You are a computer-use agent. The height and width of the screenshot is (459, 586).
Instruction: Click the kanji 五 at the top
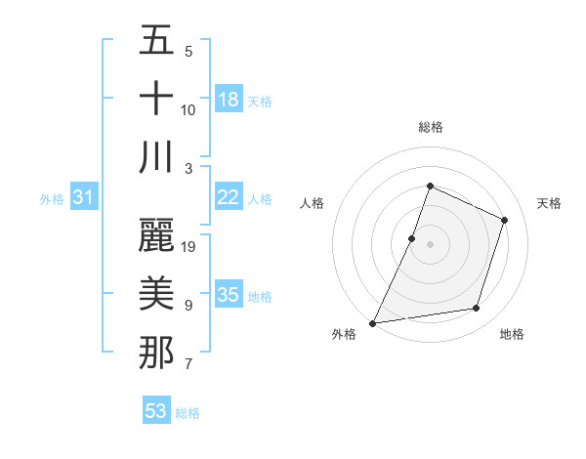point(156,42)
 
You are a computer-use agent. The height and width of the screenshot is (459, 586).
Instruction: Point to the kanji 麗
point(156,234)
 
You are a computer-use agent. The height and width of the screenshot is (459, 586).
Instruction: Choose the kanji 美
point(156,293)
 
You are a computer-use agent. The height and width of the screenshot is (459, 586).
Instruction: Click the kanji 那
point(156,352)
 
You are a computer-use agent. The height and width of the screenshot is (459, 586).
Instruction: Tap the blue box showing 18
point(229,100)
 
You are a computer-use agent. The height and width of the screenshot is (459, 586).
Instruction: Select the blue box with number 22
point(229,197)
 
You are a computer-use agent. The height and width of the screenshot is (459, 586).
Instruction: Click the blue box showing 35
point(229,295)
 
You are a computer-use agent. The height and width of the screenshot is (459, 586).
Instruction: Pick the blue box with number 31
point(84,197)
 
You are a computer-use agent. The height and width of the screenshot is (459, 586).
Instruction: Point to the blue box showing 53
point(156,411)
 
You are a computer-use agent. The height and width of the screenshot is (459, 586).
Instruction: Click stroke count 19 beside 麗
point(189,246)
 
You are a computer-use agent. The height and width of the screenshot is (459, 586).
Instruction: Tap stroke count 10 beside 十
point(188,109)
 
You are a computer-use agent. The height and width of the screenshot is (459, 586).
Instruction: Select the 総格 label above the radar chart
point(430,127)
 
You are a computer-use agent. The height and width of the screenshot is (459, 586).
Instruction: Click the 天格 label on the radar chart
point(549,203)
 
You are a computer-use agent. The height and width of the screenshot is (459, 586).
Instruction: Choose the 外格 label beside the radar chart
point(344,334)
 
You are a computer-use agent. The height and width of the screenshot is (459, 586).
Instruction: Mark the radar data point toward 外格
point(372,322)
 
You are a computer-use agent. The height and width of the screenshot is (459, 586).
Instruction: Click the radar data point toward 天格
point(505,220)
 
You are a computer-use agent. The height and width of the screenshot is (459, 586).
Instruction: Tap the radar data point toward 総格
point(430,187)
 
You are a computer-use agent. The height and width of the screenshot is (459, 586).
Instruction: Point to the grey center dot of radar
point(430,244)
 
